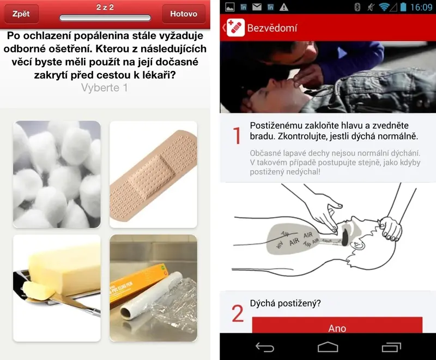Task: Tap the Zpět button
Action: pos(21,14)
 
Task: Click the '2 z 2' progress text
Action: pos(105,7)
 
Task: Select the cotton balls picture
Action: pos(57,175)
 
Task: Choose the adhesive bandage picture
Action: pos(153,175)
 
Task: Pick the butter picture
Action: pos(57,288)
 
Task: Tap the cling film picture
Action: pos(153,288)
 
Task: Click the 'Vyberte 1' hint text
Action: pos(105,88)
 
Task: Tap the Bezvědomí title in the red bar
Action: pos(272,28)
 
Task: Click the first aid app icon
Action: pos(235,27)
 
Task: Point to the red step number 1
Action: pos(237,135)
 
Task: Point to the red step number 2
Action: pos(238,313)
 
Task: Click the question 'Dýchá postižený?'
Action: pos(285,303)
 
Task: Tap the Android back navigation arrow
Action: pos(265,347)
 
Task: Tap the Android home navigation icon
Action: pos(328,347)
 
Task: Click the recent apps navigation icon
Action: pos(391,347)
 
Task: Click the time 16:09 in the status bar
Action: pos(421,7)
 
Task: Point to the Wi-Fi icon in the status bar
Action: pos(384,7)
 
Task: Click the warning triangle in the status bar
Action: pos(283,7)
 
